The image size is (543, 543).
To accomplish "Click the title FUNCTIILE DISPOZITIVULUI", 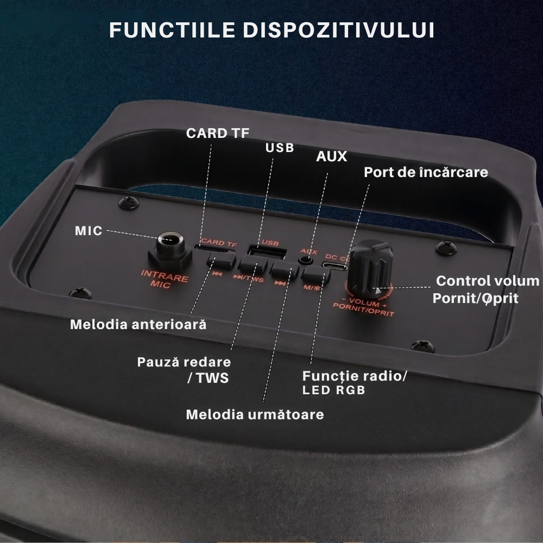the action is tap(271, 30).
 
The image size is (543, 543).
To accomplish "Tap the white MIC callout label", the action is tap(89, 231).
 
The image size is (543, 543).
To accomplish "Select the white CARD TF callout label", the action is tap(218, 134).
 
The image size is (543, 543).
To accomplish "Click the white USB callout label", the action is tap(280, 148).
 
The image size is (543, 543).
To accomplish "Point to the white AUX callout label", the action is tap(331, 156).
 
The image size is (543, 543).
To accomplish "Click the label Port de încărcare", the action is tap(426, 172).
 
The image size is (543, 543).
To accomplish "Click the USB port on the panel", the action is tap(267, 252).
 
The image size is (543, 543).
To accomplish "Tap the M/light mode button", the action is tap(315, 274).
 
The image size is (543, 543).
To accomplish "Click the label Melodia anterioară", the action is tap(138, 325).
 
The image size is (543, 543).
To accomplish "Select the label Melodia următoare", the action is tap(255, 414).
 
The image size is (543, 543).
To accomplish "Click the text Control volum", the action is tap(488, 281).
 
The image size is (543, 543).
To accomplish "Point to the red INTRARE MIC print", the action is tap(164, 279).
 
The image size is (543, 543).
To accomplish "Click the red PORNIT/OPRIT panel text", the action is tap(363, 310).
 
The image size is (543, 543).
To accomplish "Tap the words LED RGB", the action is tap(334, 390).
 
